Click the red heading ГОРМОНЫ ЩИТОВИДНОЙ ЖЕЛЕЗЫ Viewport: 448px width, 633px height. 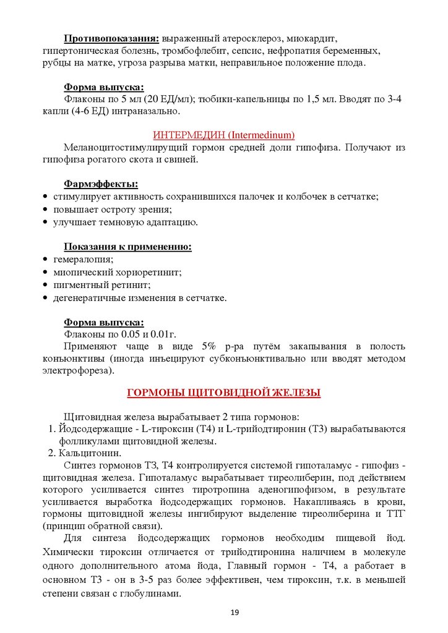click(223, 393)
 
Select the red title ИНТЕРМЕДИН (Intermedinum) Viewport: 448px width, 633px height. click(223, 135)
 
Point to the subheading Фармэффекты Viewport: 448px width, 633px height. click(101, 184)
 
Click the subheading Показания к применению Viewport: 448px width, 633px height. click(127, 247)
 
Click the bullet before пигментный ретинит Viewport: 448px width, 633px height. click(46, 286)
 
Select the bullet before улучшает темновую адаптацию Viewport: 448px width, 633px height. click(46, 222)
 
